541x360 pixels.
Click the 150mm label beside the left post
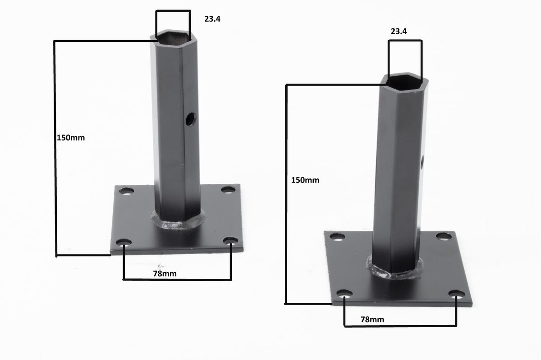point(71,138)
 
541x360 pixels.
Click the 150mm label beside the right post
point(305,180)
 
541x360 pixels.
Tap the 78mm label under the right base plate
point(372,319)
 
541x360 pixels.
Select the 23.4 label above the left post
point(212,19)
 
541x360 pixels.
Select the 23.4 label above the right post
point(399,32)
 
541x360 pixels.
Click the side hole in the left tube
point(191,119)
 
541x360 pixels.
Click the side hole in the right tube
point(422,162)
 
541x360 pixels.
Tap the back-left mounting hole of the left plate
point(127,191)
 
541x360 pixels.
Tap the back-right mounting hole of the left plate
point(228,190)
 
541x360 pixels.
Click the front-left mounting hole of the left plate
point(124,243)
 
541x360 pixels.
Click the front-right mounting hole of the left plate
point(230,241)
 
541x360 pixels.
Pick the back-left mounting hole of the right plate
point(337,237)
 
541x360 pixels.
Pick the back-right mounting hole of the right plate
point(444,236)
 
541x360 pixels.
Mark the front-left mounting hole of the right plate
point(344,294)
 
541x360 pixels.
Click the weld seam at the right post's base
point(395,273)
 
